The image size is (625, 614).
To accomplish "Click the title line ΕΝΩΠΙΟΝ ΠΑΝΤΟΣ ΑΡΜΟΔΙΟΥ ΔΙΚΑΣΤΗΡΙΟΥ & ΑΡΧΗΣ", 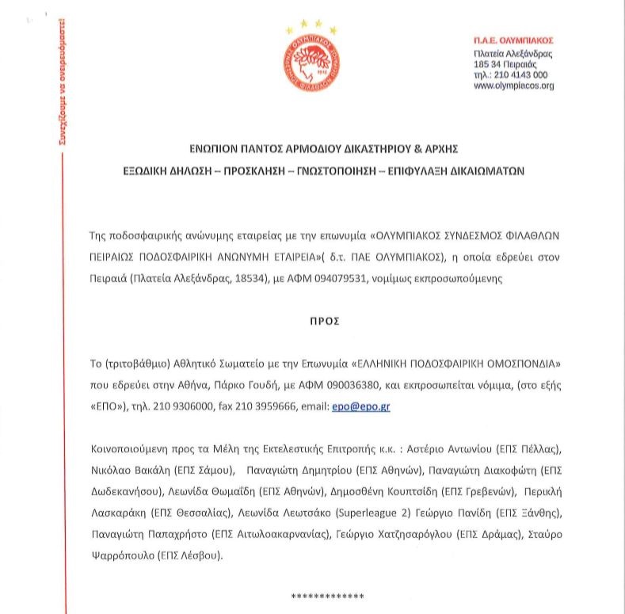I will point(312,149).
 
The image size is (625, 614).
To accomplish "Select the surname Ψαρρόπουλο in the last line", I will point(125,555).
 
